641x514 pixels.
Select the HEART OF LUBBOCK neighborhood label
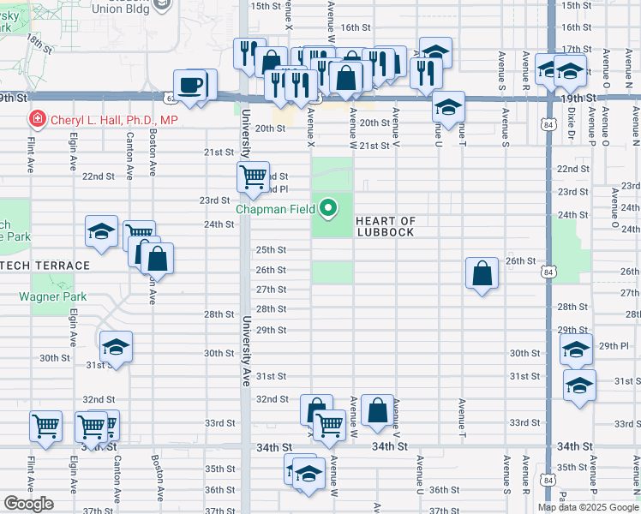pos(385,227)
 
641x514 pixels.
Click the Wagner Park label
pos(53,296)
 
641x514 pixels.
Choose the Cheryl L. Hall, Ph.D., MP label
pos(113,120)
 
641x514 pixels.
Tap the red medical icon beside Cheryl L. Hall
pos(37,119)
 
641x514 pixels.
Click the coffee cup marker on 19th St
pos(189,85)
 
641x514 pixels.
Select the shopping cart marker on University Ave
pos(253,177)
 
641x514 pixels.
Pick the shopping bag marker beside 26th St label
pos(482,272)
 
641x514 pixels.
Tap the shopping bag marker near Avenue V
pos(377,410)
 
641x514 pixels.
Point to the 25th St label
pos(271,250)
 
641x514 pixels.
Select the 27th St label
pos(271,290)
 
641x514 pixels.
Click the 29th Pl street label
pos(614,344)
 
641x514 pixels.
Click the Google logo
pos(28,504)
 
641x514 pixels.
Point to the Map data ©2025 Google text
pos(587,507)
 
